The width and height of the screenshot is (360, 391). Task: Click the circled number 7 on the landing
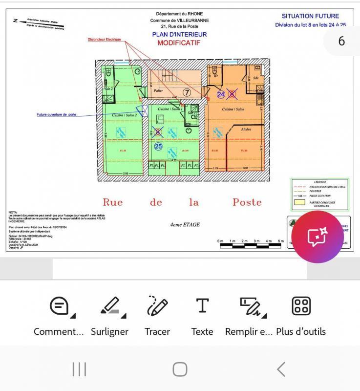coord(187,92)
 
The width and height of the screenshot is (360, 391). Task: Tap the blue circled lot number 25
coord(158,146)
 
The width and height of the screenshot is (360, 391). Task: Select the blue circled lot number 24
coord(221,94)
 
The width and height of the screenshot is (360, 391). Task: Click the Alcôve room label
coord(246,130)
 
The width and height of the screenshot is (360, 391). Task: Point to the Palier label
coord(158,91)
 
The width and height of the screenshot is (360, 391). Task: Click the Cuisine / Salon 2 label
coord(125,115)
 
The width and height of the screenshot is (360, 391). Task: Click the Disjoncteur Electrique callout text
coord(104,40)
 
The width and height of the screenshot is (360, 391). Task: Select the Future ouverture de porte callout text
coord(57,115)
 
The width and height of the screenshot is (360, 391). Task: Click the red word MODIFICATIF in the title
coord(179,43)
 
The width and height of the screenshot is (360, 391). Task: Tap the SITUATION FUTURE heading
coord(310,16)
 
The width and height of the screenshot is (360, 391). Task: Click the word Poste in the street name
coord(247,202)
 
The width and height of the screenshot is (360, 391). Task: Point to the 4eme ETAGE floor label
coord(185,225)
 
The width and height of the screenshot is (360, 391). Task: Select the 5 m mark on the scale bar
coord(280,241)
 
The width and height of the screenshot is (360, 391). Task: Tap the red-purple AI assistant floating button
coord(318,237)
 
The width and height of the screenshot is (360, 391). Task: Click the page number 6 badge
coord(341,41)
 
